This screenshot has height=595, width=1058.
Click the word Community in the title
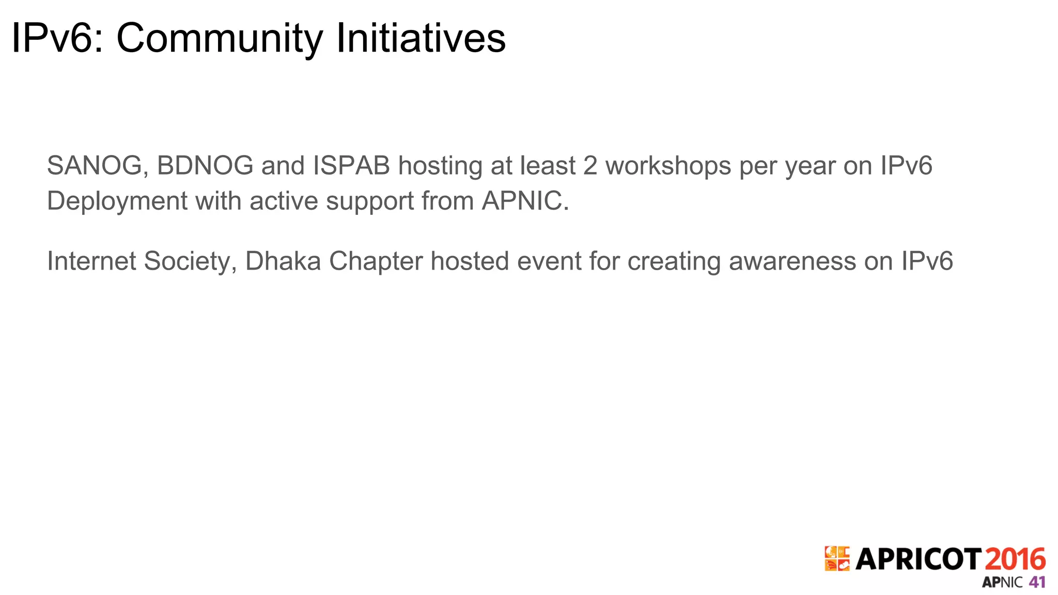219,38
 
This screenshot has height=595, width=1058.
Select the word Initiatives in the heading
421,38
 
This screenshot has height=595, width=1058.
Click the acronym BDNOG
205,166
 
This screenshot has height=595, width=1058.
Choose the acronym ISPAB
351,166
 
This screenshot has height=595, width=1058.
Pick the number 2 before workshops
590,166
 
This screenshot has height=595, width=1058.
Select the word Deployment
117,201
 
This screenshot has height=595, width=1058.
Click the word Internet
91,261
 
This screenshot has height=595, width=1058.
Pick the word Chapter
376,261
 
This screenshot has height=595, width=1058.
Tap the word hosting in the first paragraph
440,166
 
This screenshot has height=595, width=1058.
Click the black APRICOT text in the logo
918,559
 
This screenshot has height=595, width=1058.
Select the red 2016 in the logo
1015,559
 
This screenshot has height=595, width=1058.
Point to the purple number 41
1037,582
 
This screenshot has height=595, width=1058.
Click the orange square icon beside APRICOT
837,559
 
